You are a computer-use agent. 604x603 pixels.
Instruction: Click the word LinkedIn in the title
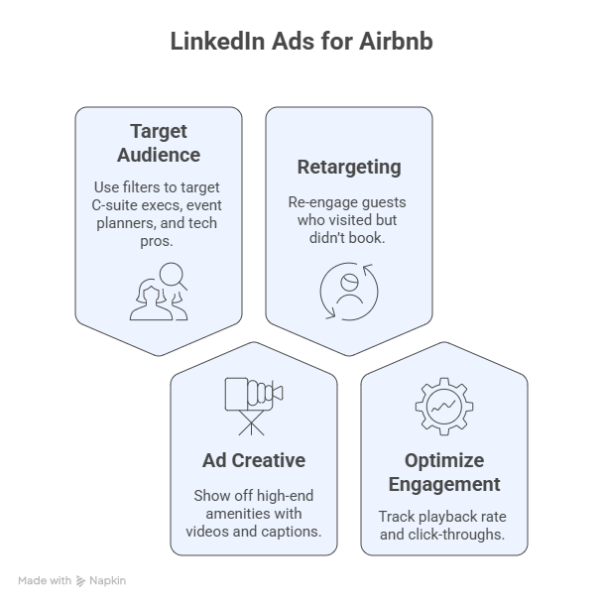tap(218, 41)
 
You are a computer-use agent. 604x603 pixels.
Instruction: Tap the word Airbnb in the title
tap(396, 41)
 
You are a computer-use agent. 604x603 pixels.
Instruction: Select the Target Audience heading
tap(159, 143)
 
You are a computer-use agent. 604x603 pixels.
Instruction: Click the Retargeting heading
tap(349, 168)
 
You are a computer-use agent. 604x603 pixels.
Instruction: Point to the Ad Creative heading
tap(254, 460)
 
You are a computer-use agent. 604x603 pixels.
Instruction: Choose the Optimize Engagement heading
tap(444, 472)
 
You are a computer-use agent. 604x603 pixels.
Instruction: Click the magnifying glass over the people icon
tap(173, 277)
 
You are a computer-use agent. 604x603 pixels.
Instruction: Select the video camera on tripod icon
tap(254, 407)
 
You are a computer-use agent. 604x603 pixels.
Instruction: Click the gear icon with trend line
tap(444, 407)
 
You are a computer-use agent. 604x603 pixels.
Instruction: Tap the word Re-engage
tap(313, 202)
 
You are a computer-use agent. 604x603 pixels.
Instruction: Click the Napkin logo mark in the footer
tap(80, 581)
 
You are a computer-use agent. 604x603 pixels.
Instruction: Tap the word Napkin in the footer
tap(107, 581)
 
